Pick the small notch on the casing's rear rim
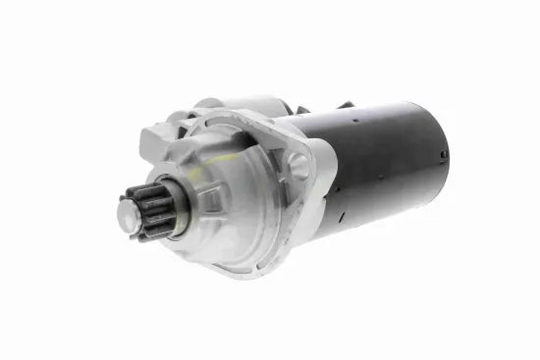[x=444, y=156]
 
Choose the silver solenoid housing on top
[x=245, y=106]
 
